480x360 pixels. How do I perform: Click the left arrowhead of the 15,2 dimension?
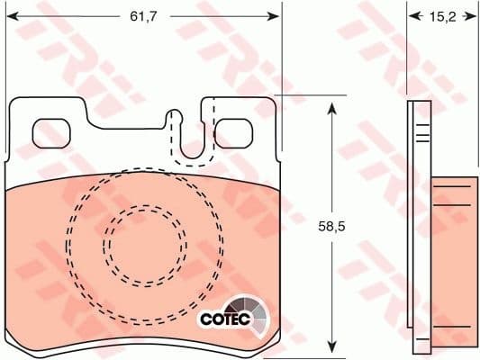coord(412,15)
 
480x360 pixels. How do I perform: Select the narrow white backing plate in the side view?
coord(417,225)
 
